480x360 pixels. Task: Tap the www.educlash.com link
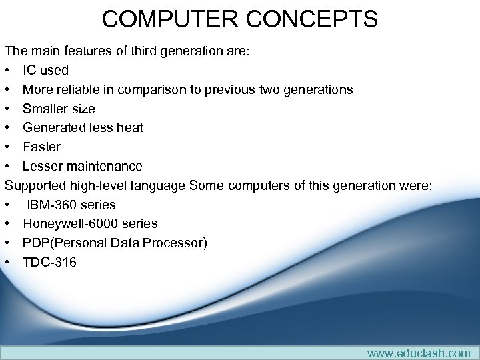419,353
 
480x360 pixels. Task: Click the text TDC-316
49,262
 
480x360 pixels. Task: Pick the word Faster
41,147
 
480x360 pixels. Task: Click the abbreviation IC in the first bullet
29,70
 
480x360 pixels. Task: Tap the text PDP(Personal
63,243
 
